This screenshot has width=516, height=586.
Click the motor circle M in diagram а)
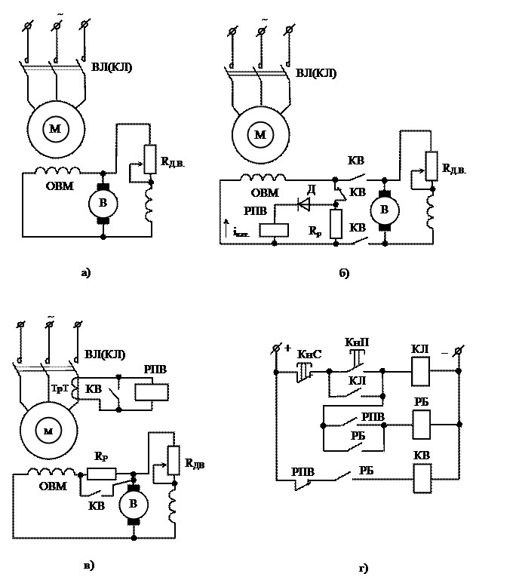(56, 129)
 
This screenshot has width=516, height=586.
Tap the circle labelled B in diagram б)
(385, 210)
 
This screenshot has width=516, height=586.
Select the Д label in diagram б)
(311, 189)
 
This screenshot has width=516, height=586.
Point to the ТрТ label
(60, 389)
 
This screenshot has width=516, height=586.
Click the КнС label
(310, 353)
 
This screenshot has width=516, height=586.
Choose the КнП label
(357, 342)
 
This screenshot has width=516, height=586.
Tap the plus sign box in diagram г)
(288, 348)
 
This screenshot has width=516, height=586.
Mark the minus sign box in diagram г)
(445, 352)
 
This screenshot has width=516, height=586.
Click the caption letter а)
(86, 272)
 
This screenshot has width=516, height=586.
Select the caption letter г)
(364, 567)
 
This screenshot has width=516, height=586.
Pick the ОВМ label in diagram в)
(53, 487)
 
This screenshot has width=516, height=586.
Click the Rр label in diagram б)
(315, 230)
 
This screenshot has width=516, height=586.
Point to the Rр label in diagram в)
(101, 456)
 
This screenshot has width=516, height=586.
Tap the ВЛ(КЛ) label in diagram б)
(317, 73)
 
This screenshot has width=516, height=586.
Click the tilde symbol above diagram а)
(60, 12)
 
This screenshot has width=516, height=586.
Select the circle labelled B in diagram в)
(134, 505)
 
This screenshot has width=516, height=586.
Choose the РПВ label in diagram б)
(256, 211)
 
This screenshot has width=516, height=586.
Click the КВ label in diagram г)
(422, 456)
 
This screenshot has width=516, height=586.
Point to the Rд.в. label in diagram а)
(174, 161)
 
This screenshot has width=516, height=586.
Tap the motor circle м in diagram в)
(48, 431)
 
